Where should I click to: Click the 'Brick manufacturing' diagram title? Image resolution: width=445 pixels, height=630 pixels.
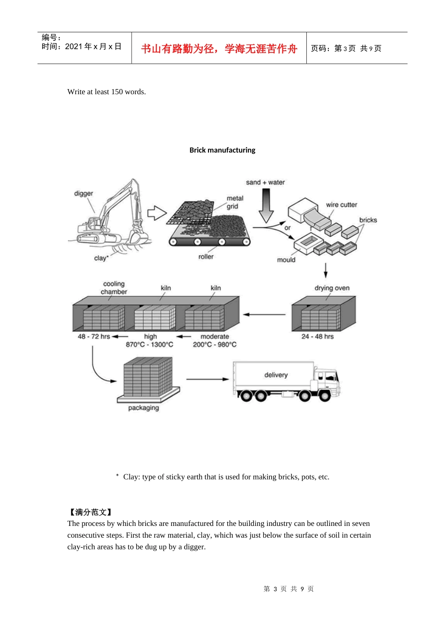(222, 150)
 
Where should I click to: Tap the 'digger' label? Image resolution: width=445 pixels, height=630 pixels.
(83, 194)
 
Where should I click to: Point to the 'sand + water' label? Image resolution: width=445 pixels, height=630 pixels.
(265, 182)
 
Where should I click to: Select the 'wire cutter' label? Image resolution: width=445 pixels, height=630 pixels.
(341, 205)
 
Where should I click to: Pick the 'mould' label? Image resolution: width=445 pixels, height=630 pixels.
(286, 260)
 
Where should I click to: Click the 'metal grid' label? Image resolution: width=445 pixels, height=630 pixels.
(235, 202)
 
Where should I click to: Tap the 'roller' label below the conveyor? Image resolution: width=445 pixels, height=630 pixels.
(206, 257)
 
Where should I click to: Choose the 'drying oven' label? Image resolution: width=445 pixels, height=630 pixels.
(332, 288)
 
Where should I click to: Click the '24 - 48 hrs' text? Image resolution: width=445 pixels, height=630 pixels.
(317, 337)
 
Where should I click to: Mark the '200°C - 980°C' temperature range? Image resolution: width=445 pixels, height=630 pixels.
(215, 345)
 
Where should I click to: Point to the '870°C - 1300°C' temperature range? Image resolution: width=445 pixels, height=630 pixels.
(149, 345)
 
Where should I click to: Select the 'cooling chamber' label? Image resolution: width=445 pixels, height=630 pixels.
(114, 288)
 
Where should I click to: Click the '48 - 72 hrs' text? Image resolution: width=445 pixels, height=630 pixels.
(94, 337)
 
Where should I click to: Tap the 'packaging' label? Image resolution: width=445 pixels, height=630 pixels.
(143, 408)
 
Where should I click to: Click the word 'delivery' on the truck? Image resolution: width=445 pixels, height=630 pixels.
(276, 375)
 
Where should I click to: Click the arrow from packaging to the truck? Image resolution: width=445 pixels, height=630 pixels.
(208, 379)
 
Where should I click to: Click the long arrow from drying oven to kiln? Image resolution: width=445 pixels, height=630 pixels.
(264, 315)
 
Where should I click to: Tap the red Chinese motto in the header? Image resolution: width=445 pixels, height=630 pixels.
(219, 49)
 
